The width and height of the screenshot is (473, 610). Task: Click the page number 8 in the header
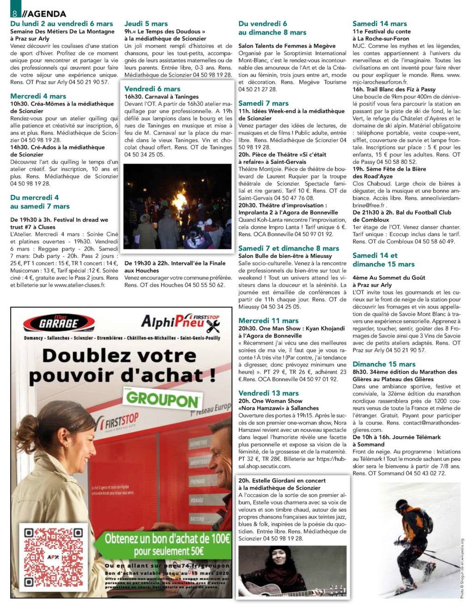tap(15, 13)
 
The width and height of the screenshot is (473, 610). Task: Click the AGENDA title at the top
tap(45, 14)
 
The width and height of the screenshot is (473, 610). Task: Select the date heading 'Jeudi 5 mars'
tap(146, 24)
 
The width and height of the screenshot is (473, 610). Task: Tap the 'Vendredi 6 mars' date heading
tap(152, 89)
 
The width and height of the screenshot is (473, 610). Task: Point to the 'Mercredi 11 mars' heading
tap(268, 321)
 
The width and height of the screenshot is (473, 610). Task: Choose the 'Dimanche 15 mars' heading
tap(384, 364)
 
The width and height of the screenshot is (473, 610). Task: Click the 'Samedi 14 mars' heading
tap(380, 24)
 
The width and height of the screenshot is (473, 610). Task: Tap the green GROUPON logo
tap(162, 399)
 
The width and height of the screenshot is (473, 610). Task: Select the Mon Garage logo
tap(59, 323)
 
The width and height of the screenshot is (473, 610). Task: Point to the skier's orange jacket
tap(410, 519)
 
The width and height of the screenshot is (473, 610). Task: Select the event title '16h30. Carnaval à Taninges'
tap(161, 96)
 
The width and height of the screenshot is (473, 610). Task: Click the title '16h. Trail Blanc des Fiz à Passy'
tap(394, 89)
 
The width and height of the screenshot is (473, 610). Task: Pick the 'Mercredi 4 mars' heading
tap(38, 96)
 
